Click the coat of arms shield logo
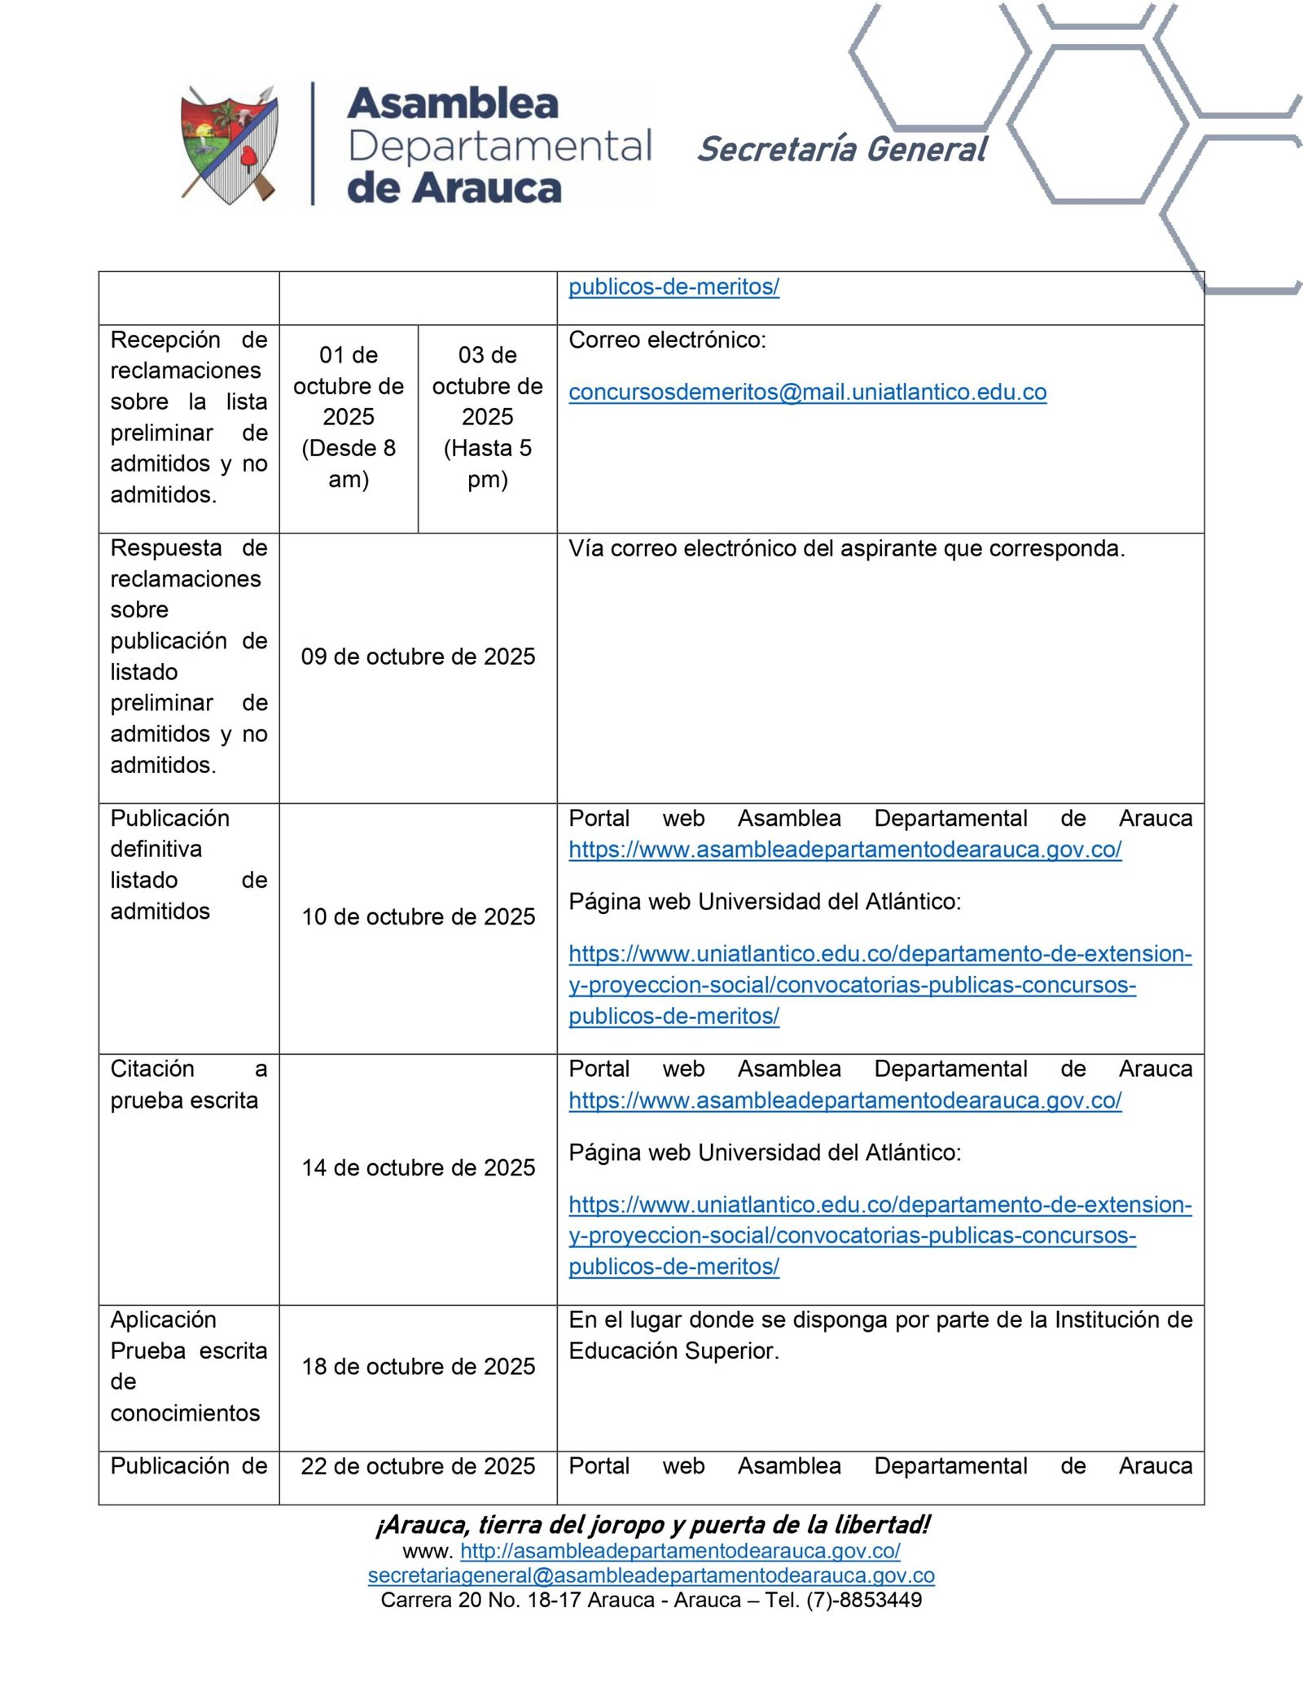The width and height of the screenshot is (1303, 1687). (x=230, y=145)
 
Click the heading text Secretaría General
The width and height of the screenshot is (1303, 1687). (x=841, y=149)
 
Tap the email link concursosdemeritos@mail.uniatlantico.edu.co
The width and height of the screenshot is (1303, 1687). (x=807, y=392)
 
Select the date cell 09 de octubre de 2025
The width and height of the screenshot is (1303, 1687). (x=418, y=657)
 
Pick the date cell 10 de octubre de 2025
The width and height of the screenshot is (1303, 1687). (x=418, y=916)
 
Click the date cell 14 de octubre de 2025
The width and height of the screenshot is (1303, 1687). (x=418, y=1167)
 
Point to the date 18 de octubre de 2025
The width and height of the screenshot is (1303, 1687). (x=418, y=1366)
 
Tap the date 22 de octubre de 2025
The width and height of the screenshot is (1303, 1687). (x=418, y=1465)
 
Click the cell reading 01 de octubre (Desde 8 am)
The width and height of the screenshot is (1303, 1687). (x=349, y=416)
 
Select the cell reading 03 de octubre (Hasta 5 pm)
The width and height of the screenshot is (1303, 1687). (x=487, y=416)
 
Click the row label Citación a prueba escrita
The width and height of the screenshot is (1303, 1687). (x=188, y=1084)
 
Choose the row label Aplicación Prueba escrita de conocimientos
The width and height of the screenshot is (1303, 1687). (x=188, y=1365)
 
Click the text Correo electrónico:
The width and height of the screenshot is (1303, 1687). (x=667, y=340)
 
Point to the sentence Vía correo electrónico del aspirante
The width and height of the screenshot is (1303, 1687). (x=846, y=548)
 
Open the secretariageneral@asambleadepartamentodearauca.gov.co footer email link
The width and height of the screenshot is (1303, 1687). (x=651, y=1575)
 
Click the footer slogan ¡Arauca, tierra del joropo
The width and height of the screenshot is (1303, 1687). (x=651, y=1524)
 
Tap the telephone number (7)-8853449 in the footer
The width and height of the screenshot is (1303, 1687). (x=864, y=1600)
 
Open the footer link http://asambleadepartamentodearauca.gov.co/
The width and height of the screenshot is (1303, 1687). (x=680, y=1551)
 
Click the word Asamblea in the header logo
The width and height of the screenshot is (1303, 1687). (x=453, y=103)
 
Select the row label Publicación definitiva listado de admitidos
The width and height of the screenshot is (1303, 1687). (x=188, y=864)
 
